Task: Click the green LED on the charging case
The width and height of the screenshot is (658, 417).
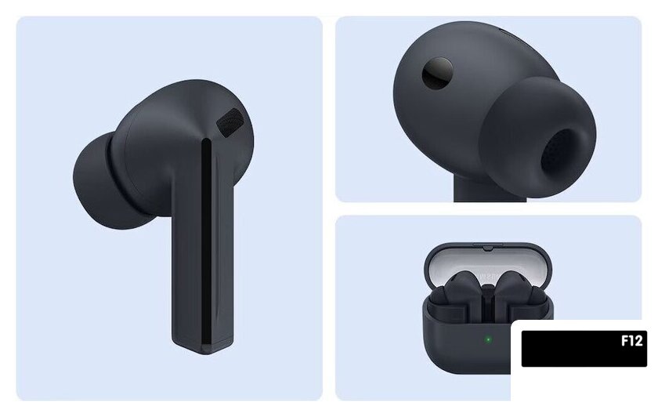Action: pyautogui.click(x=488, y=339)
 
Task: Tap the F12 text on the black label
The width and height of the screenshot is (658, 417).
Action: pyautogui.click(x=631, y=340)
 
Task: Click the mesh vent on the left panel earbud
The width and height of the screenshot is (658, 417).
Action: pyautogui.click(x=230, y=122)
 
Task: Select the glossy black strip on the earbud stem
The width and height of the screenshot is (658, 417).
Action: pyautogui.click(x=207, y=244)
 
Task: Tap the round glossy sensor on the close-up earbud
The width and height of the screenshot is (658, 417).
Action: pyautogui.click(x=437, y=74)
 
